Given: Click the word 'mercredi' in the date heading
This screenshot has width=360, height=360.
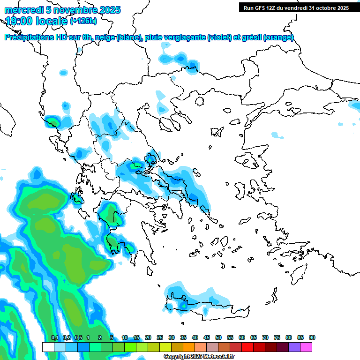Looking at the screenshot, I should (x=22, y=10).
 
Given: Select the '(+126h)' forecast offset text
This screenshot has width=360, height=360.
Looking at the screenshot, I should (x=83, y=21).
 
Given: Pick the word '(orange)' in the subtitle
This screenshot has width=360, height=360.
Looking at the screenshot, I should (x=278, y=37).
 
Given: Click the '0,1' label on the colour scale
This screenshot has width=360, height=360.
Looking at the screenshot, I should (x=54, y=337).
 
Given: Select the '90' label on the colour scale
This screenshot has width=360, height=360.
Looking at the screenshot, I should (x=312, y=337).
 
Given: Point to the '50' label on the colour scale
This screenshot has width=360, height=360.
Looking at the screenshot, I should (x=218, y=337).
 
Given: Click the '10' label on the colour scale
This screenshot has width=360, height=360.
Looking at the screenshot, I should (x=125, y=337).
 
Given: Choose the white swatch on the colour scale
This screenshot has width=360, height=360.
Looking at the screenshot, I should (x=48, y=347).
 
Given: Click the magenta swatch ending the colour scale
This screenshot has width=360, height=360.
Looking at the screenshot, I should (x=306, y=347).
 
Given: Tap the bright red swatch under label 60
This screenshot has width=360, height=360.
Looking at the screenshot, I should (x=247, y=347).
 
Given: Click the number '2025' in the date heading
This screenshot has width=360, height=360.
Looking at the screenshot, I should (x=108, y=10).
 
